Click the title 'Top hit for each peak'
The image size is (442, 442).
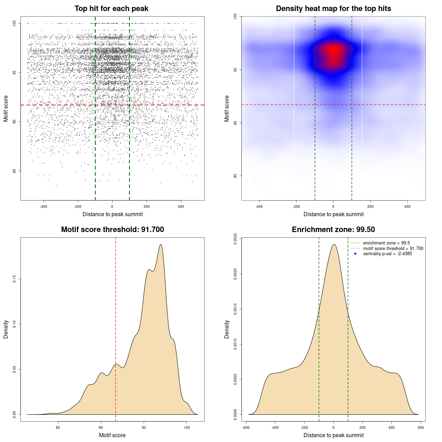(x=111, y=9)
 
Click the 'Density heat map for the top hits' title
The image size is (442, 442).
(x=333, y=9)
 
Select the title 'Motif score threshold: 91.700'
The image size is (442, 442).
(x=112, y=230)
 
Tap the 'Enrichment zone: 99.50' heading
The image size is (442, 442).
(x=333, y=230)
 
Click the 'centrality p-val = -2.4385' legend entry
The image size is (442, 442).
(x=387, y=254)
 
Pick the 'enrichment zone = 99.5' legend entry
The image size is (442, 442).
(x=386, y=243)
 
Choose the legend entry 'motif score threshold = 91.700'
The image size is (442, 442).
(x=393, y=249)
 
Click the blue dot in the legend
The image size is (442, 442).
(x=355, y=254)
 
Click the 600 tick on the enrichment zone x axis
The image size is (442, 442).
(x=421, y=427)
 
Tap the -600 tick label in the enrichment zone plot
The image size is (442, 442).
(x=246, y=427)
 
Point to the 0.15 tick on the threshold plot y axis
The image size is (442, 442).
(x=14, y=279)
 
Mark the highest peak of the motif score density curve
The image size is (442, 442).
(x=161, y=244)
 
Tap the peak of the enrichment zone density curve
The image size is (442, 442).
(x=334, y=244)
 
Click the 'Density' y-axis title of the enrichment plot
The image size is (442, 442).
(x=227, y=329)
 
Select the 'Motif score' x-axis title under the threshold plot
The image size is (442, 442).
(x=112, y=435)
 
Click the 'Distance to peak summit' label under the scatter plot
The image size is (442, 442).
(x=113, y=214)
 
